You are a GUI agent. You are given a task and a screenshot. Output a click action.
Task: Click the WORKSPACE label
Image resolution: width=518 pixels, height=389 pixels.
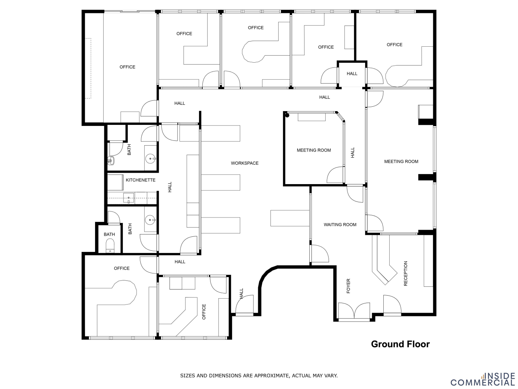point(245,163)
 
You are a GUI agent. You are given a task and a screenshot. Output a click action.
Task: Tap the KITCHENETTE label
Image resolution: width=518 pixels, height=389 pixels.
point(140,180)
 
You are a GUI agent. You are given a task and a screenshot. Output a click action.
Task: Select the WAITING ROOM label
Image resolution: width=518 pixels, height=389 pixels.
point(340,225)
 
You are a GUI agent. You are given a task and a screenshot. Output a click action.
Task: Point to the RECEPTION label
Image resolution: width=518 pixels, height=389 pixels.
point(406,273)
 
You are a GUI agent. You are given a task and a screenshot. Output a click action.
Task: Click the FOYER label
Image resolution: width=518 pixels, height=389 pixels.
point(348,286)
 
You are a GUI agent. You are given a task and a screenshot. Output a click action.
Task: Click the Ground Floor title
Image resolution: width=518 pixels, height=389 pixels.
point(400,344)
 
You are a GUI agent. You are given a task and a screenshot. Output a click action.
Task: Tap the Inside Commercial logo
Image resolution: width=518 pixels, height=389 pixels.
point(482,379)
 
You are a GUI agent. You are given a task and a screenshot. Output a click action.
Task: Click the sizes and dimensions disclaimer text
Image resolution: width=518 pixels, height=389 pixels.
point(259,376)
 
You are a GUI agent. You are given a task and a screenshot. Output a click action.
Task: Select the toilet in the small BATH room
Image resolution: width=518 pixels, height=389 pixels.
point(110,246)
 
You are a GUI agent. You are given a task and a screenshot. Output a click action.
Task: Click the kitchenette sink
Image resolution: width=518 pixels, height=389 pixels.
point(129,198)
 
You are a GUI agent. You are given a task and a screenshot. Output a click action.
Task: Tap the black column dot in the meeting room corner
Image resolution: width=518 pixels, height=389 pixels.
point(287,116)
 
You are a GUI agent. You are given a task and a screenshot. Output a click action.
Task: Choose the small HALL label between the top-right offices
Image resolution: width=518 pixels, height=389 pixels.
point(352,74)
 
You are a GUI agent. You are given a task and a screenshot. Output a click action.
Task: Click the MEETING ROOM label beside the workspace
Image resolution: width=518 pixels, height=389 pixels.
point(314,150)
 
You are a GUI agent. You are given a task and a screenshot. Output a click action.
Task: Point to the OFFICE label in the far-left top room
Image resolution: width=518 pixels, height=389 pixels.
point(127,67)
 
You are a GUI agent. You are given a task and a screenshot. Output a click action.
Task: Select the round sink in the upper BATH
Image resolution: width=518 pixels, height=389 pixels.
point(150,159)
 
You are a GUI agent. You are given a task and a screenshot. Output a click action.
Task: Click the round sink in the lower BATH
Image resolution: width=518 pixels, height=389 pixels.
point(150,220)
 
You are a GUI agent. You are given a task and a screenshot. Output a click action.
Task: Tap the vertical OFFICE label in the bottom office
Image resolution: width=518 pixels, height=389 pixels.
point(204,312)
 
